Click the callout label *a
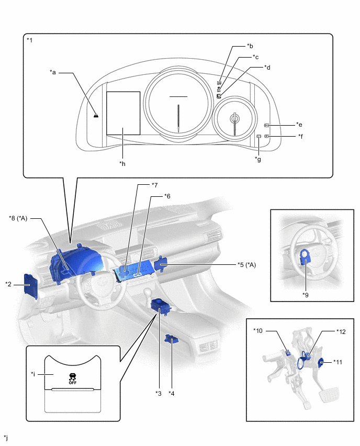[52, 72]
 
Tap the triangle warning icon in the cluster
[96, 115]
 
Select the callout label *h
[122, 163]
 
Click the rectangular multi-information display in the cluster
[123, 113]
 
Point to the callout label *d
[267, 67]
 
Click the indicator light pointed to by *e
[266, 126]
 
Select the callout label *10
[258, 330]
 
